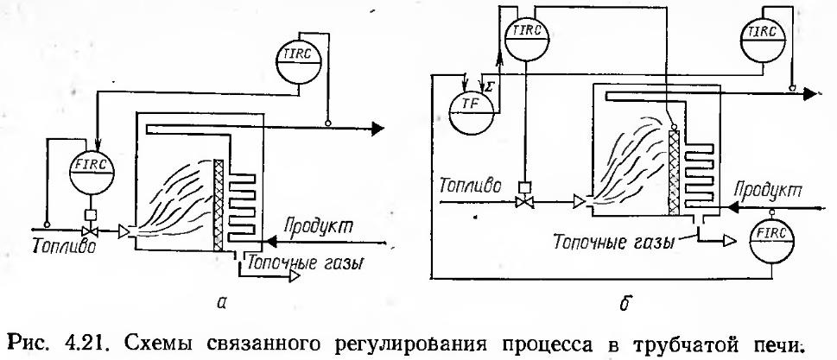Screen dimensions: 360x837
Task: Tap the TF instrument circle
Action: pos(472,104)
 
